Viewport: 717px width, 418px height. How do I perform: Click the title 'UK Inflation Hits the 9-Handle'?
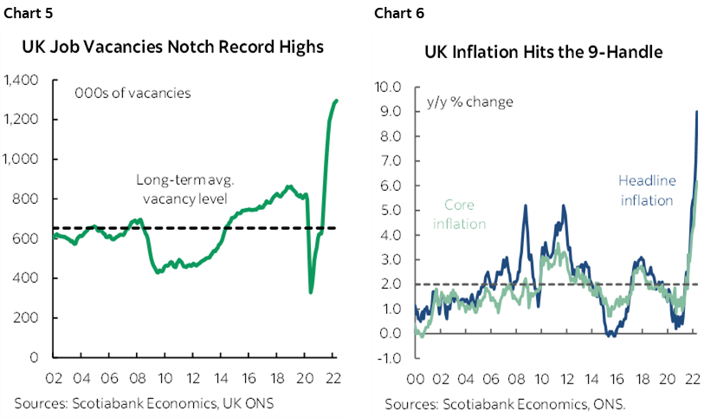(544, 52)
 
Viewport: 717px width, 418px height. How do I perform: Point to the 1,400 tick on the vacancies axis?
(21, 81)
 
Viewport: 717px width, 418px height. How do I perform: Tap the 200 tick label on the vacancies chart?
(28, 317)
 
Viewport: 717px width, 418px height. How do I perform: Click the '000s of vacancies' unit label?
(132, 93)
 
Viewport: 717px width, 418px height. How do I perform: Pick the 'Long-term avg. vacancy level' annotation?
(181, 189)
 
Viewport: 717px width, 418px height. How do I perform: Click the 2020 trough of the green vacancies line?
(311, 291)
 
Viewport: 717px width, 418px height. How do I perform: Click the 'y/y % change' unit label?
(469, 101)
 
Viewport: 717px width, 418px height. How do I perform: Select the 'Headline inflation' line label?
(645, 190)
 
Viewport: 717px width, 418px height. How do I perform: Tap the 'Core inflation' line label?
(464, 214)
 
